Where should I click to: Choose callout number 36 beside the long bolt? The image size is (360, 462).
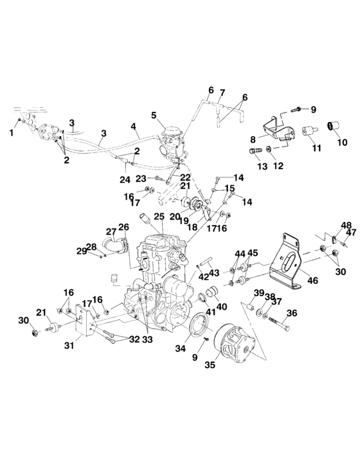tap(292, 314)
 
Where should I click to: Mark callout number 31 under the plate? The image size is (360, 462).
tap(68, 346)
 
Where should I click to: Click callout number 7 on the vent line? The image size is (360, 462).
tap(222, 93)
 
